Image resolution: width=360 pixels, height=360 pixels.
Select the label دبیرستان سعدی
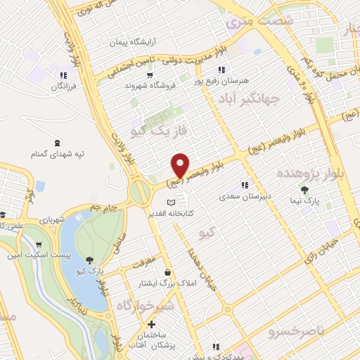coord(243,189)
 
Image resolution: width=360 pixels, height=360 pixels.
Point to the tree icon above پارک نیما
coord(304,189)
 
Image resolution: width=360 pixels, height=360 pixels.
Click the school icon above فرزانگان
coord(63,75)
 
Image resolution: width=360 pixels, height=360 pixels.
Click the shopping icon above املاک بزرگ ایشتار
coord(168,272)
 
